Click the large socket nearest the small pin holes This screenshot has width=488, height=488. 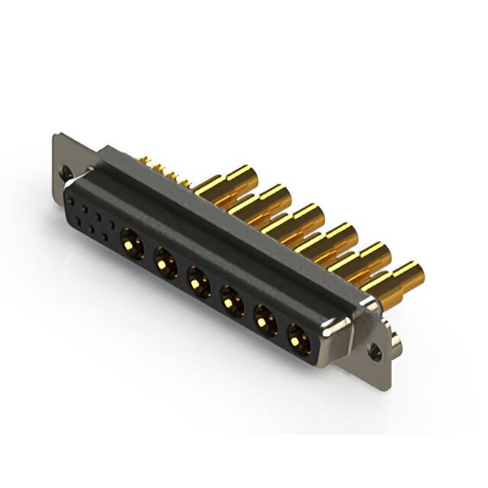130,246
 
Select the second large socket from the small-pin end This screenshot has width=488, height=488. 164,262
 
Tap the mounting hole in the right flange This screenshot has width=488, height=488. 374,353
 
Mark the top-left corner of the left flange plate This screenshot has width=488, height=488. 56,138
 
